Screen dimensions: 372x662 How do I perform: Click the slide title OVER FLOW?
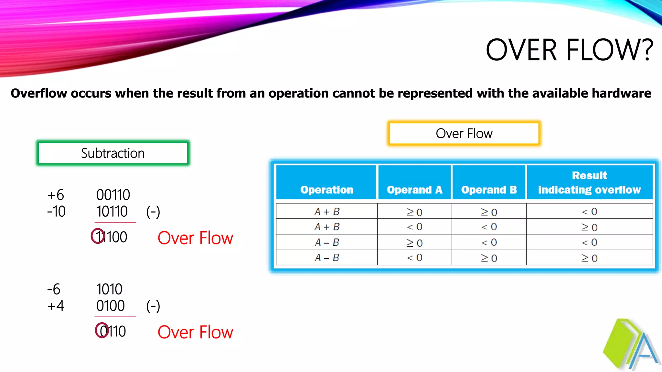point(570,50)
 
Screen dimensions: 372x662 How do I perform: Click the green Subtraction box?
point(113,153)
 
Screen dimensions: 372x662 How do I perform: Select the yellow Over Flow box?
point(464,133)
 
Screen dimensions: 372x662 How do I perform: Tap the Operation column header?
point(326,190)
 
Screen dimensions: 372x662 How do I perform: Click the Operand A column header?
point(414,190)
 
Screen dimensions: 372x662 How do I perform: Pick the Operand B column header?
point(489,190)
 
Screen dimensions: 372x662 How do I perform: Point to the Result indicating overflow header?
point(589,182)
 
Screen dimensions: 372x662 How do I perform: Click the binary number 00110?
point(113,195)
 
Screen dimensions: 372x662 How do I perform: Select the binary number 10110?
point(112,212)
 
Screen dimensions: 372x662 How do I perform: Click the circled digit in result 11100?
point(98,236)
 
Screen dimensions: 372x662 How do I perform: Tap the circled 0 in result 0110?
point(102,330)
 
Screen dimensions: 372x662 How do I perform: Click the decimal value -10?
point(56,212)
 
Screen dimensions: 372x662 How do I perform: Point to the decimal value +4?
point(56,305)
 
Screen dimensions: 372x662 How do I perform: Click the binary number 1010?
point(109,289)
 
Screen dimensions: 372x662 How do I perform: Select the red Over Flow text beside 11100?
point(195,238)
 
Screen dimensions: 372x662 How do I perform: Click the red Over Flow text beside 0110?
point(195,332)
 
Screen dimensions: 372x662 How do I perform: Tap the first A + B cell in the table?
point(327,212)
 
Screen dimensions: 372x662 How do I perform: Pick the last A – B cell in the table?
point(327,258)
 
